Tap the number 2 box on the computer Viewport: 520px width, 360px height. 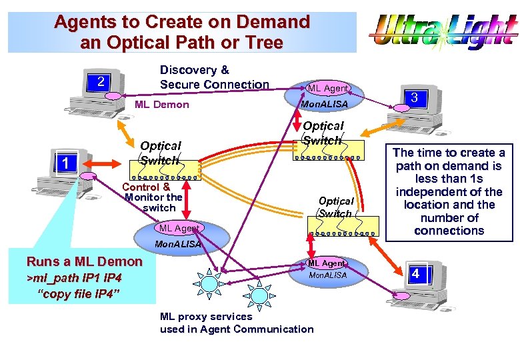tap(100, 82)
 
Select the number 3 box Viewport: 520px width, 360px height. tap(414, 98)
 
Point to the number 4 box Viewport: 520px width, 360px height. tap(415, 273)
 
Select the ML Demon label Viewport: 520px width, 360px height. tap(161, 105)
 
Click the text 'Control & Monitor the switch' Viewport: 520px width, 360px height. tap(153, 197)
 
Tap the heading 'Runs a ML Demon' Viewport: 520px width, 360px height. tap(84, 261)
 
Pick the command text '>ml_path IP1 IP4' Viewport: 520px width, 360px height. tap(73, 277)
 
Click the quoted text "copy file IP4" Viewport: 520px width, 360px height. tap(79, 293)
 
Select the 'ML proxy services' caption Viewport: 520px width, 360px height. tap(206, 317)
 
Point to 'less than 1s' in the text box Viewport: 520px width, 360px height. tap(449, 179)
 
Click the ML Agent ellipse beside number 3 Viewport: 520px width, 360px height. tap(327, 89)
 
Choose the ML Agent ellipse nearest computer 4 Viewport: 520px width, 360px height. tap(326, 264)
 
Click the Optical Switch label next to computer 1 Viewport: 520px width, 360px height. tap(160, 153)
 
